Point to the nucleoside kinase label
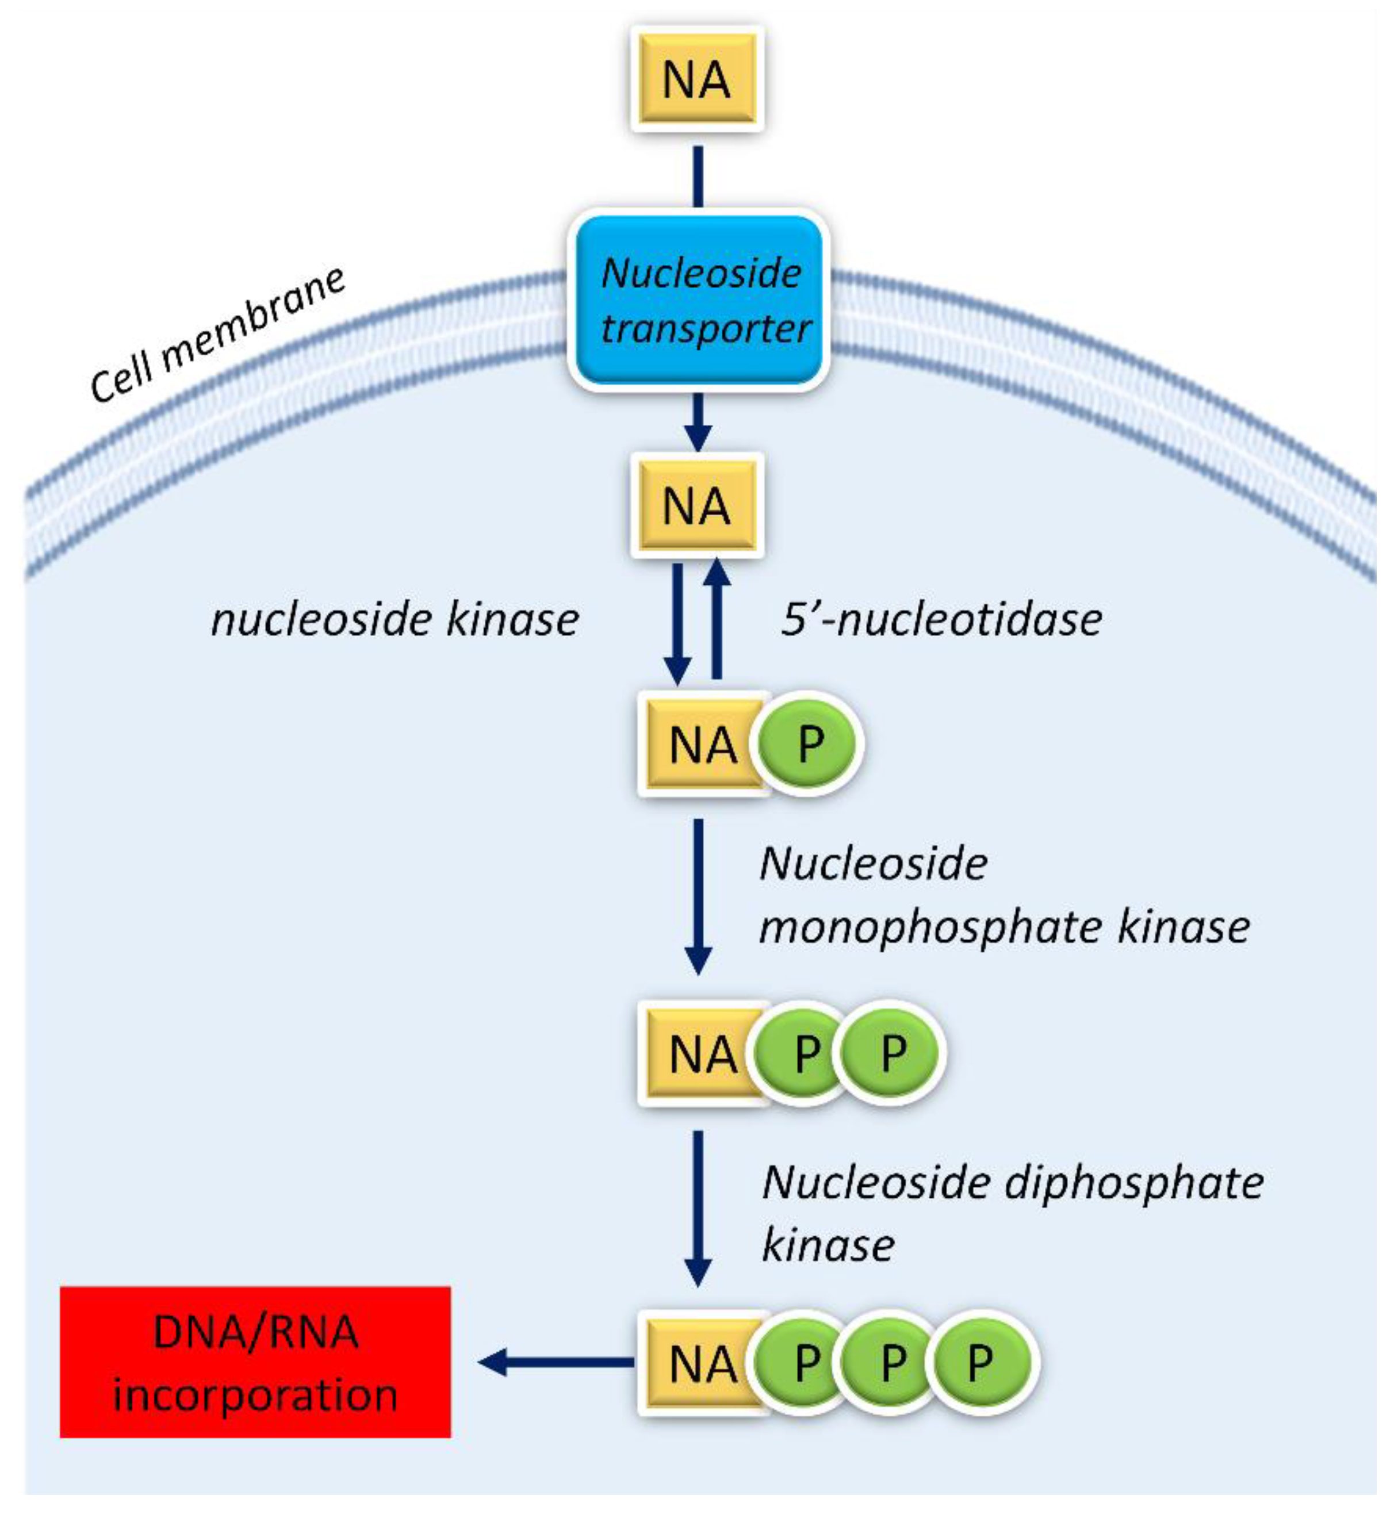394,619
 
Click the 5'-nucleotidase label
941,619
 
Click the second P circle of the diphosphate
893,1052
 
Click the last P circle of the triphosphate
980,1363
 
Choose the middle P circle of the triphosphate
893,1363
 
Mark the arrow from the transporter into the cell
698,421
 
